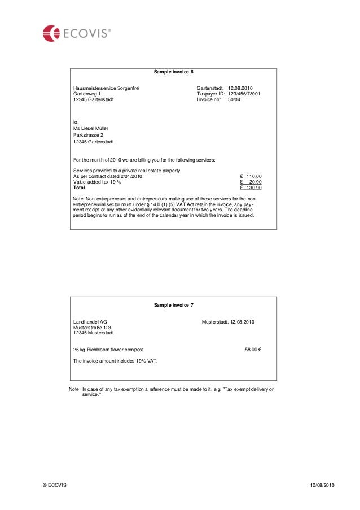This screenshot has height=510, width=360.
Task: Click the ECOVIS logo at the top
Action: click(x=77, y=33)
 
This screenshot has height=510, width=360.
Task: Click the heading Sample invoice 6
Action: click(x=174, y=72)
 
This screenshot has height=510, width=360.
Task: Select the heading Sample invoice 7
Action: click(x=174, y=305)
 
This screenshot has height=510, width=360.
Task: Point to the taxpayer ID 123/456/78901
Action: click(x=244, y=94)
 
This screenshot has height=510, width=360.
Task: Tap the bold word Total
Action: click(x=80, y=188)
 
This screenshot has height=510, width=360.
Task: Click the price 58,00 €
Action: click(x=252, y=350)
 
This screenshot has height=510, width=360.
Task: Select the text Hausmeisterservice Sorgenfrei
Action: click(x=106, y=88)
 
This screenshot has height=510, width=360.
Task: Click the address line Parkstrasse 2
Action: click(x=89, y=135)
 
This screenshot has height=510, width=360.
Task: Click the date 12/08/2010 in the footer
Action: click(x=323, y=486)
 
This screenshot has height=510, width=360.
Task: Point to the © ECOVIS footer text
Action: click(x=54, y=486)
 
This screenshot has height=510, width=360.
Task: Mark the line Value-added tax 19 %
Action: click(x=98, y=182)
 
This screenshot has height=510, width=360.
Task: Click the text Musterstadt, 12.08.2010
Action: click(x=229, y=322)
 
